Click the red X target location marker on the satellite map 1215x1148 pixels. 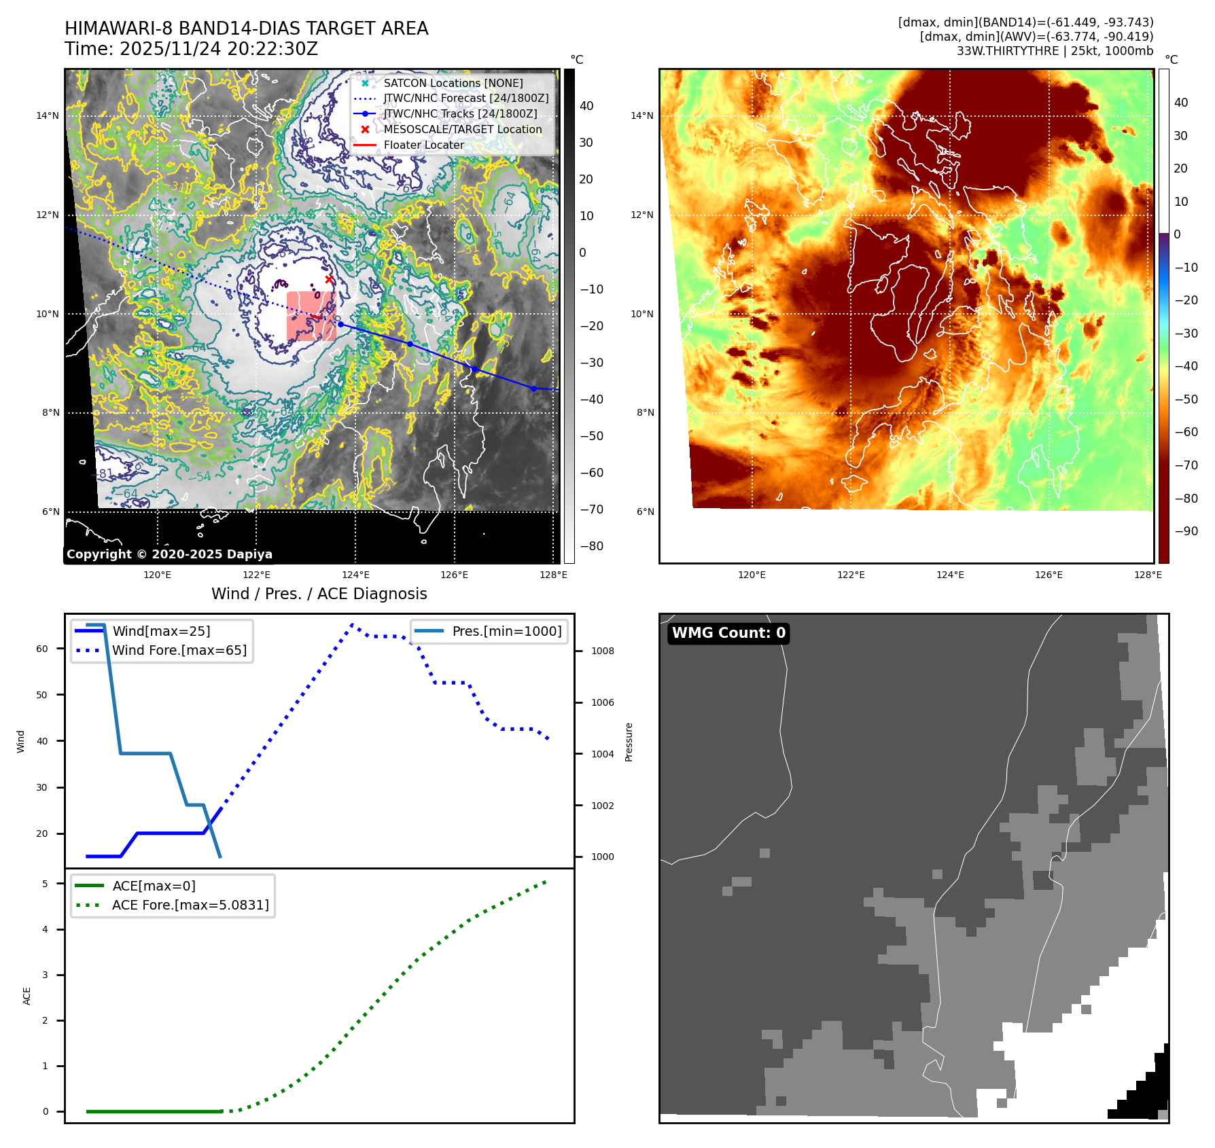pos(329,279)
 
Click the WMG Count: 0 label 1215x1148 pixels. pos(728,633)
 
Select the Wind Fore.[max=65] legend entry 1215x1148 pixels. pos(179,650)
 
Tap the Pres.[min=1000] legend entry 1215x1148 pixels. pos(507,631)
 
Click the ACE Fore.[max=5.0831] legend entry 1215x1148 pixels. pos(190,905)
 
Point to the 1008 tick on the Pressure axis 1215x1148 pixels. pos(602,651)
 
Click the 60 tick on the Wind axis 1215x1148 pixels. pos(42,649)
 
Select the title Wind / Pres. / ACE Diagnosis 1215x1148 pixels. pos(319,594)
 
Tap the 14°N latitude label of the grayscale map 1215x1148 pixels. pos(48,115)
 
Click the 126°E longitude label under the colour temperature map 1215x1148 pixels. pos(1049,575)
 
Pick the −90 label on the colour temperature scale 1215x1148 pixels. pos(1186,531)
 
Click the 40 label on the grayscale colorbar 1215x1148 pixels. pos(586,106)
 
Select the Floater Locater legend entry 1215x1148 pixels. pos(423,145)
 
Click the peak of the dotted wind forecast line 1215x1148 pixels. pos(352,624)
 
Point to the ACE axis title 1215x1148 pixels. pos(27,996)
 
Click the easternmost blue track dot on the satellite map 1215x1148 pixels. pos(533,389)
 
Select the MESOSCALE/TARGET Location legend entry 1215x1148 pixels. pos(462,129)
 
